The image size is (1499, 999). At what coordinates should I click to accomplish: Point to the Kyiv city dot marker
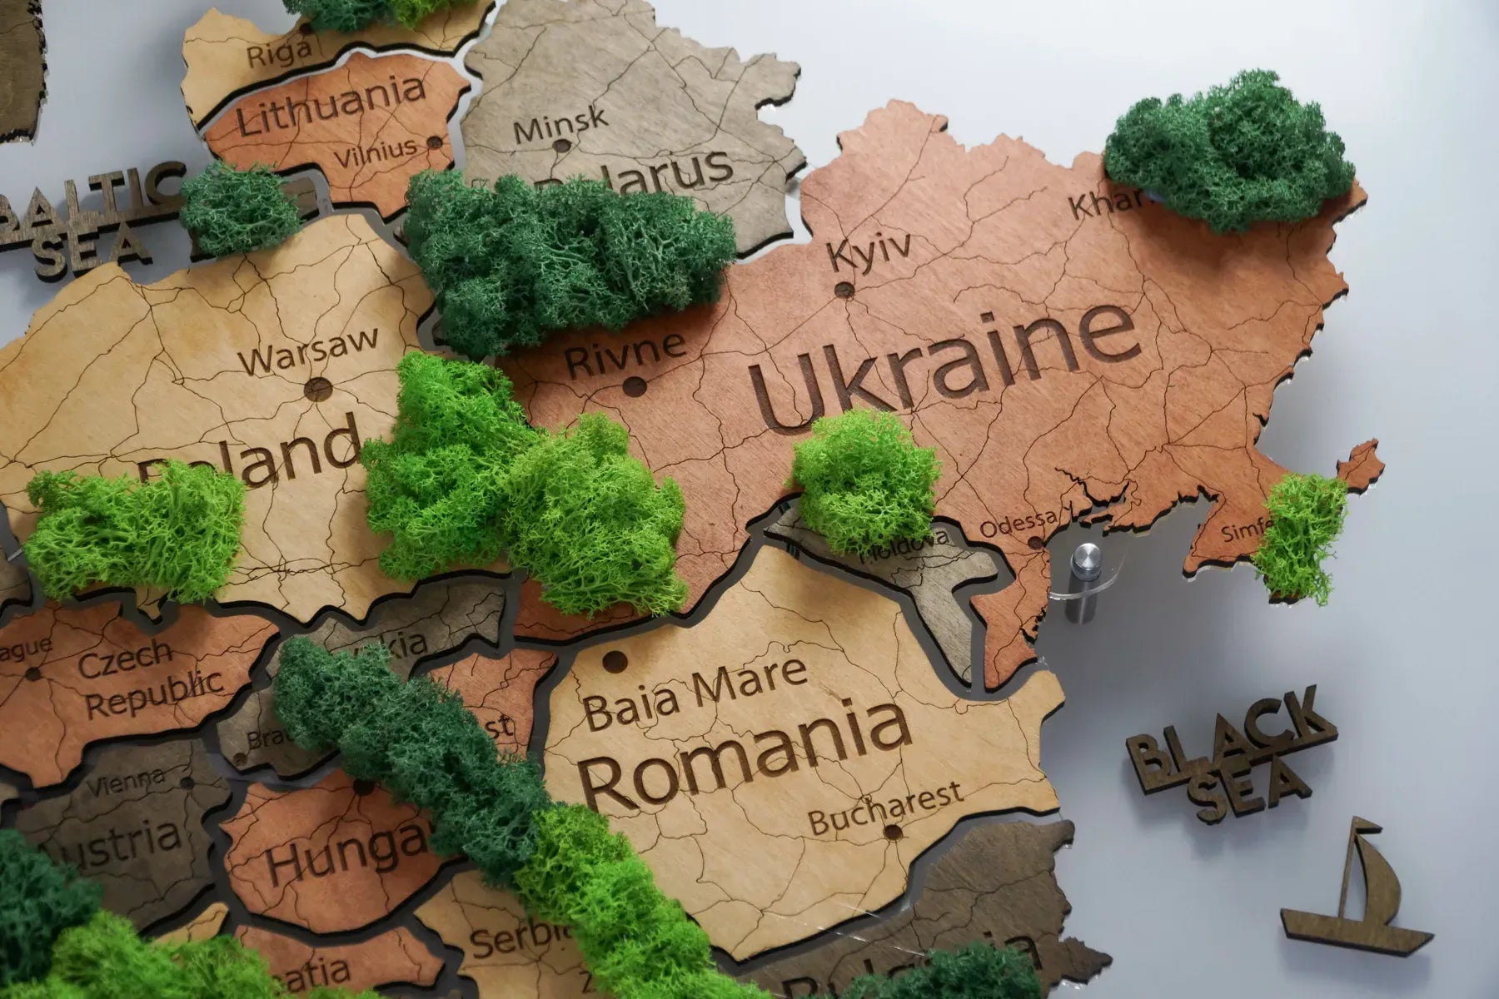[x=844, y=290]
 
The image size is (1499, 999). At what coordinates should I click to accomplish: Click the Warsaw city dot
[x=317, y=387]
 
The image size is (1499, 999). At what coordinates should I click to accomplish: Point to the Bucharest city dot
[x=893, y=832]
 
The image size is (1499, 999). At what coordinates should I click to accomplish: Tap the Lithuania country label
[x=331, y=107]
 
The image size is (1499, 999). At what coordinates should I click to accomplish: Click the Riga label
[x=279, y=53]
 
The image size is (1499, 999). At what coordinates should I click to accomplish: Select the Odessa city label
[x=1018, y=526]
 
